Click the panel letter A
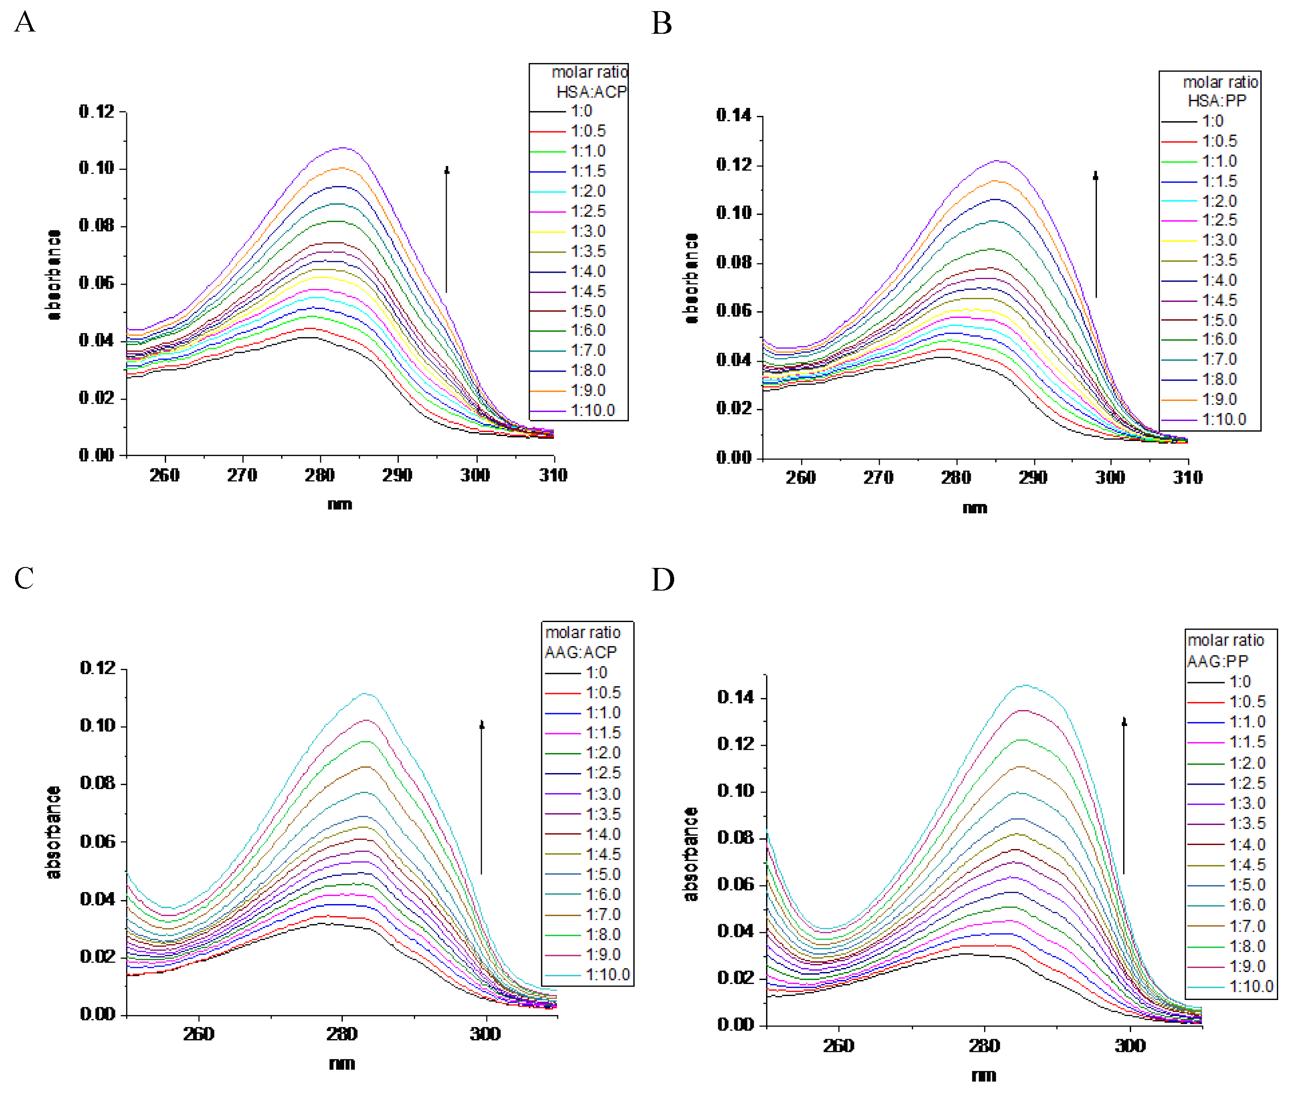click(25, 22)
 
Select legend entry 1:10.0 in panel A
click(592, 410)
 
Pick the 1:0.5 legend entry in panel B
click(1219, 142)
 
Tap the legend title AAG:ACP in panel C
click(580, 652)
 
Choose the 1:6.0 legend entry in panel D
click(1247, 905)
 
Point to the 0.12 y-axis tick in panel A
click(97, 112)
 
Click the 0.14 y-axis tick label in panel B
click(734, 115)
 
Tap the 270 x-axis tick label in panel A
click(242, 476)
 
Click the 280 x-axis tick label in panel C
click(342, 1034)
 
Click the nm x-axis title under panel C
click(342, 1064)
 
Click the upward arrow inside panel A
click(446, 230)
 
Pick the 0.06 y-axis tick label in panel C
click(97, 842)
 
